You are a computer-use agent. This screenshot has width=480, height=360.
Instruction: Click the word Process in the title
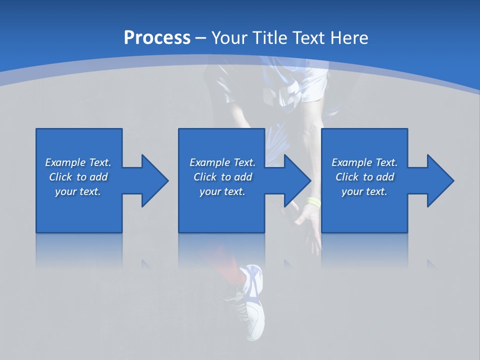[157, 38]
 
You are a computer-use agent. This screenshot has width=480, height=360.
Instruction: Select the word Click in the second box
[205, 177]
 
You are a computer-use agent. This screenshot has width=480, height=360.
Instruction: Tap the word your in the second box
[210, 191]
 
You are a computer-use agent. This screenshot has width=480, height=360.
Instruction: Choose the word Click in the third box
[347, 177]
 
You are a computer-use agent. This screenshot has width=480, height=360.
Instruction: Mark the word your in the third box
[352, 191]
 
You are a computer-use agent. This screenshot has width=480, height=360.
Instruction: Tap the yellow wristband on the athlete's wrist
[313, 202]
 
